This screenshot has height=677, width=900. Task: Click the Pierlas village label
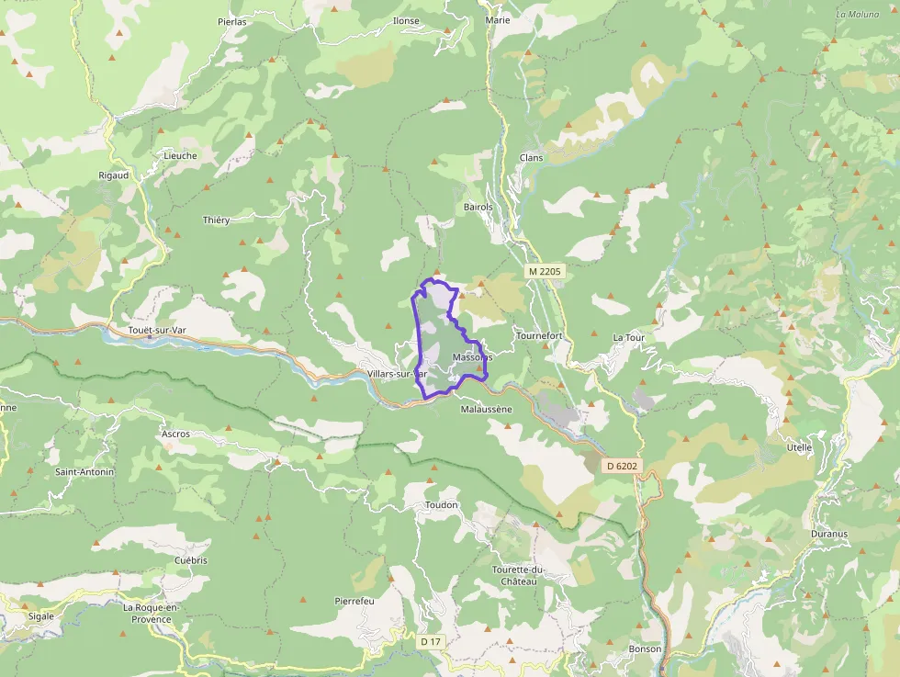coord(232,21)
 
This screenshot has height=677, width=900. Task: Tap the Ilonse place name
coord(405,21)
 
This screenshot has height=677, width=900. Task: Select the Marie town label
coord(498,19)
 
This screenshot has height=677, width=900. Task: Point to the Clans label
coord(531,158)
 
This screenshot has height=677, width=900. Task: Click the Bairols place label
coord(478,208)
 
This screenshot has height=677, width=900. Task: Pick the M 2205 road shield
coord(544,273)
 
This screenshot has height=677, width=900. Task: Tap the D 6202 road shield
coord(621,467)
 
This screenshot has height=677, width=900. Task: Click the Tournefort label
coord(539,336)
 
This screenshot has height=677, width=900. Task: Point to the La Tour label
coord(629,338)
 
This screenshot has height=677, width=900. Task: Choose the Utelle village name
coord(799,448)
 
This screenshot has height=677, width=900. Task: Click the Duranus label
coord(829,534)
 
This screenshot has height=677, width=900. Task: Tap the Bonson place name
coord(645,649)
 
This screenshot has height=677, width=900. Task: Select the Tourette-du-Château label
coord(519,575)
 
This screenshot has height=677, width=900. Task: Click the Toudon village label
coord(441,506)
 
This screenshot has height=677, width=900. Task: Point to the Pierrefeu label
coord(355,601)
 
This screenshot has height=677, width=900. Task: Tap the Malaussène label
coord(486,410)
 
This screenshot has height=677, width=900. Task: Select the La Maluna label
coord(858,15)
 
